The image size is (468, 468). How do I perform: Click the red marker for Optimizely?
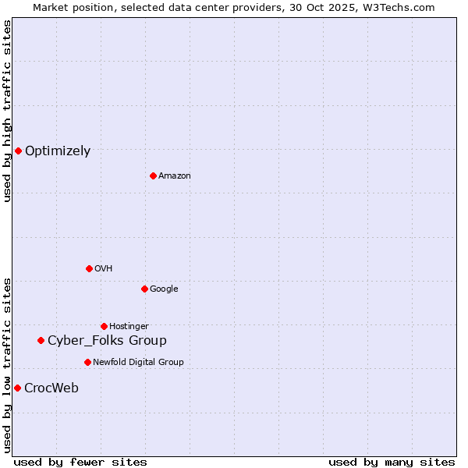(18, 151)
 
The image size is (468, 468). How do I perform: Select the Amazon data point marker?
(153, 175)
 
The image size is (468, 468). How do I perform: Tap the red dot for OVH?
(89, 268)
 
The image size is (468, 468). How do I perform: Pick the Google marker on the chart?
(144, 289)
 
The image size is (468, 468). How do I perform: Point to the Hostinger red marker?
(104, 326)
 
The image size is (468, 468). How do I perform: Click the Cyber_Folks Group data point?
(41, 340)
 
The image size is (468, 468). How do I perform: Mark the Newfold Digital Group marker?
(87, 362)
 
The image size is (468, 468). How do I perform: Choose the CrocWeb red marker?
(17, 388)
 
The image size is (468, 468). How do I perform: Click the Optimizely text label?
(58, 151)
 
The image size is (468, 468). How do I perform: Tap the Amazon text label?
(175, 176)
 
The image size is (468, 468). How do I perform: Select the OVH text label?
(104, 269)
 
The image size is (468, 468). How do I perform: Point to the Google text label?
(164, 289)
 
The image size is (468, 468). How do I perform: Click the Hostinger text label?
(129, 327)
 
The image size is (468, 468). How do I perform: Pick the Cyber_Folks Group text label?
(107, 341)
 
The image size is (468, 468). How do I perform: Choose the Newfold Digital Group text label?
(138, 363)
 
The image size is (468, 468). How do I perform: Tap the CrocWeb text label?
(51, 388)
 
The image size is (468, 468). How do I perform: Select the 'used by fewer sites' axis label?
(80, 462)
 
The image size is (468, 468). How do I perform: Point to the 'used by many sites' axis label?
(392, 462)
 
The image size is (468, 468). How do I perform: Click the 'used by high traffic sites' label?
(7, 112)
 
